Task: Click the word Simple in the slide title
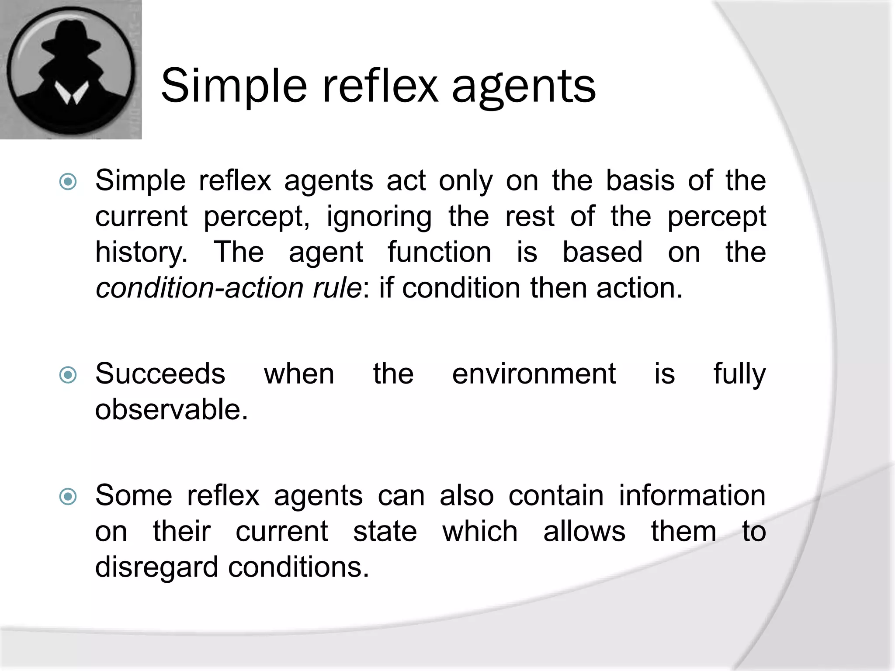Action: [234, 86]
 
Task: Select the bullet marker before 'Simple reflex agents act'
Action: [68, 182]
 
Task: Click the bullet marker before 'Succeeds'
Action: [68, 375]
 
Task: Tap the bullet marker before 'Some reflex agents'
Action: [68, 497]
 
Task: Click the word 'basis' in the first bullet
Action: [640, 180]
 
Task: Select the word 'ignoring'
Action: [379, 217]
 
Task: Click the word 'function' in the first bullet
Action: [439, 252]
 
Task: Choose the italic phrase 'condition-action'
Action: [199, 288]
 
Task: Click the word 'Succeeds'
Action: [160, 374]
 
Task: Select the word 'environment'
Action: [534, 374]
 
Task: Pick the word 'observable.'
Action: [171, 410]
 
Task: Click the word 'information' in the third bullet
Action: [692, 496]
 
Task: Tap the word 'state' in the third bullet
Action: [385, 532]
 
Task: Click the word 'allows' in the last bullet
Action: [584, 532]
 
